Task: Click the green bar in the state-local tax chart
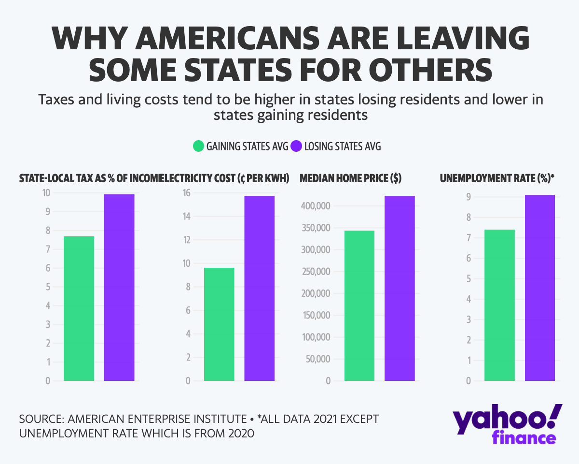point(79,308)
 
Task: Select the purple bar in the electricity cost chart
point(259,288)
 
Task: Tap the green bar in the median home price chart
point(359,305)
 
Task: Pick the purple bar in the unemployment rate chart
point(539,288)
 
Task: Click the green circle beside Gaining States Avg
point(198,146)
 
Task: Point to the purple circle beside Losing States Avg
point(296,146)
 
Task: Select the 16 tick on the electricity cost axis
point(186,193)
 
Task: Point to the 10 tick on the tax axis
point(46,193)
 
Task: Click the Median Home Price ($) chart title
point(350,178)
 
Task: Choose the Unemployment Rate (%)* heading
point(497,178)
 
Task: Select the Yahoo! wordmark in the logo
point(507,420)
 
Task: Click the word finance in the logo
point(524,438)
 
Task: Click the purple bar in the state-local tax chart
point(119,288)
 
